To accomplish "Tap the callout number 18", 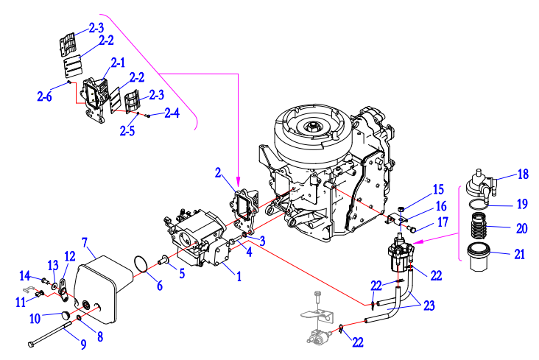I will pos(523,174).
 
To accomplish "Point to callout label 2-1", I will pos(116,63).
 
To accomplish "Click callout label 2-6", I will pos(44,95).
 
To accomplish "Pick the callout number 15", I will pos(438,190).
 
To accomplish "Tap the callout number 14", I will pos(25,275).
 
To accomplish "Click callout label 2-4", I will pos(172,113).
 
